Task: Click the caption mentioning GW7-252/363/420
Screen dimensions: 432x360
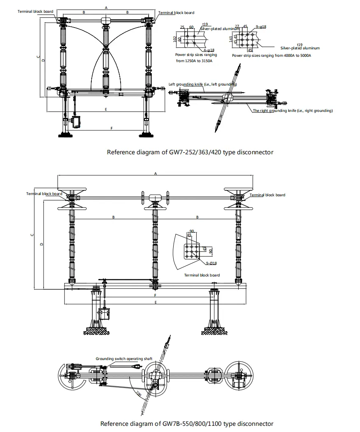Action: [x=190, y=152]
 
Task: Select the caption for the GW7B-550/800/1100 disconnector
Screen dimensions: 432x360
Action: [x=187, y=423]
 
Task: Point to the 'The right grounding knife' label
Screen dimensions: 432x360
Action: [x=293, y=111]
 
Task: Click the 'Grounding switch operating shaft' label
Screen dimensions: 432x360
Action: [x=124, y=359]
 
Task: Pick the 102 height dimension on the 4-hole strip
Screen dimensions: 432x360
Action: [x=175, y=39]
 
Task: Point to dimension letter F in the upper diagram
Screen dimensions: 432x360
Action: [x=111, y=128]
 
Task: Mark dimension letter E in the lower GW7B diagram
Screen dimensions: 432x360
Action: [x=155, y=302]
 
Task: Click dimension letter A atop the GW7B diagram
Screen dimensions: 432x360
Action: [x=155, y=174]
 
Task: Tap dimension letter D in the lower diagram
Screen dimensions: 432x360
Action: [x=41, y=244]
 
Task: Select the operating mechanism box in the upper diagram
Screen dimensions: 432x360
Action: [x=77, y=121]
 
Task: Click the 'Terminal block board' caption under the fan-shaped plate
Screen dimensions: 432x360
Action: [x=202, y=275]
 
